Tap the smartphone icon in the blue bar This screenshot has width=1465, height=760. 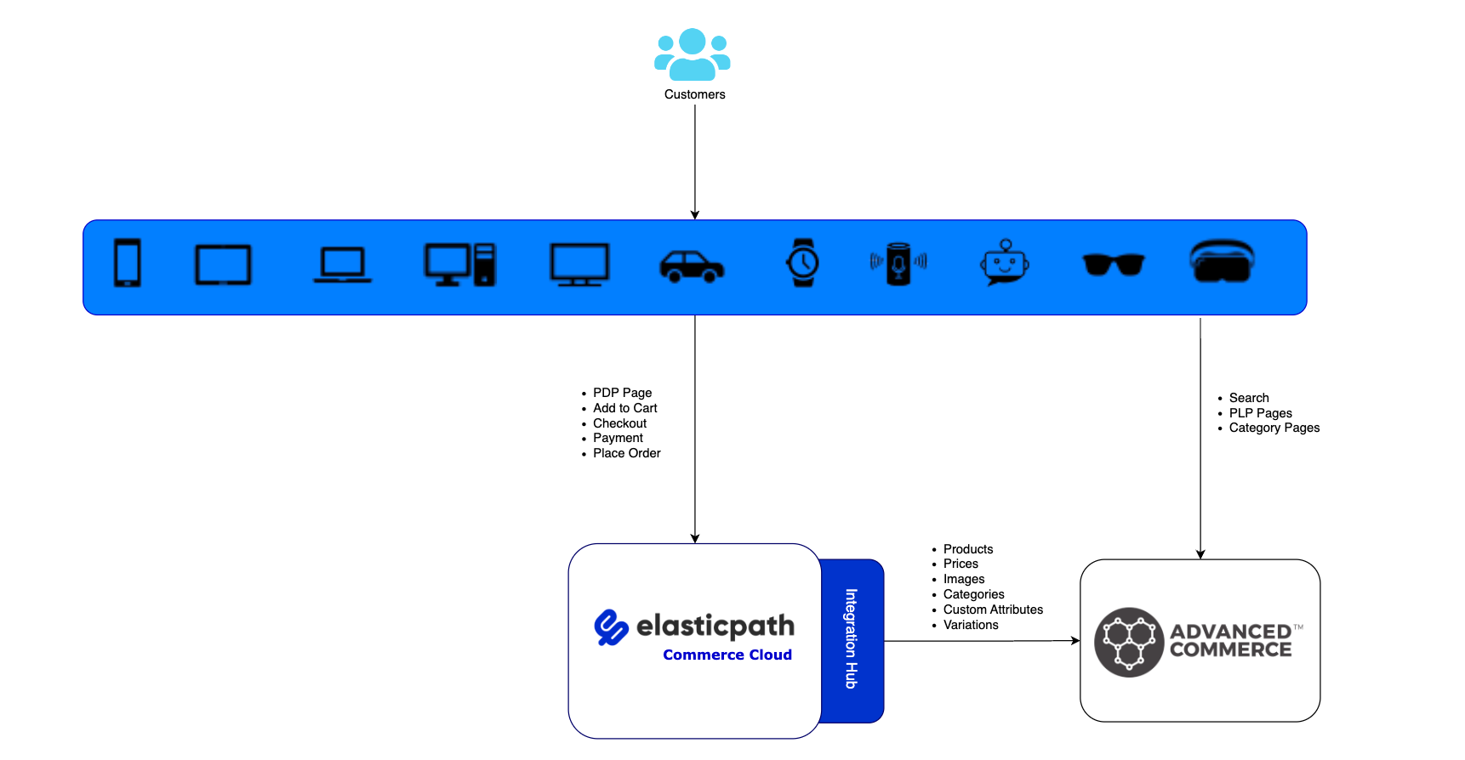click(128, 263)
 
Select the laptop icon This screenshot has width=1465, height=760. click(342, 264)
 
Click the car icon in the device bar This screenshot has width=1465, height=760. click(692, 266)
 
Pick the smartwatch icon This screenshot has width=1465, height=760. click(802, 263)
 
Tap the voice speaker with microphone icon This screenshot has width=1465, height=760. click(898, 264)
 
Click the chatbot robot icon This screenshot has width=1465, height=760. click(1005, 263)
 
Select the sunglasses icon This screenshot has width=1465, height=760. click(1113, 264)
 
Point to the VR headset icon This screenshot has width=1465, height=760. click(1222, 261)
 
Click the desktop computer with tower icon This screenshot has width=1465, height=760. click(459, 264)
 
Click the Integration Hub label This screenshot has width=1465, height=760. click(851, 638)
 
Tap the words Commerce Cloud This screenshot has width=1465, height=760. click(727, 655)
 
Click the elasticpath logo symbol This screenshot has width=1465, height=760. click(611, 627)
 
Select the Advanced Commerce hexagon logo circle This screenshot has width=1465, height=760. click(1129, 642)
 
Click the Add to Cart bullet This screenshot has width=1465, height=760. click(624, 408)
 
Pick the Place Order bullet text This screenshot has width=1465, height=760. click(626, 453)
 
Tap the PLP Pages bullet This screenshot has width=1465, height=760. click(1260, 413)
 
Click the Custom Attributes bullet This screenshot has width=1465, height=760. click(992, 610)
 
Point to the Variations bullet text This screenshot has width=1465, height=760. click(970, 625)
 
